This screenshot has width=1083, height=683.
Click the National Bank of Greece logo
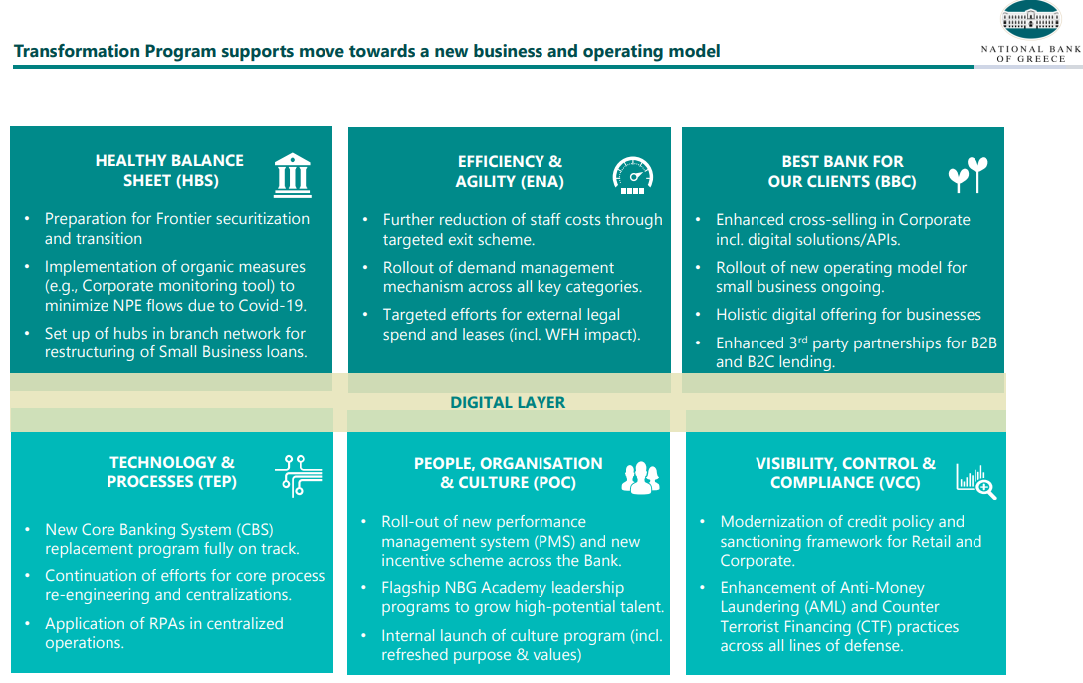1030,32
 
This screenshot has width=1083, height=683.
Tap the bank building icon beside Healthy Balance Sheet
293,175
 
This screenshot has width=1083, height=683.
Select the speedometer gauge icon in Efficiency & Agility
633,175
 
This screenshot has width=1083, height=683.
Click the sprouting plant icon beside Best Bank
968,174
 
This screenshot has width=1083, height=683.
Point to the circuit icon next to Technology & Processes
299,475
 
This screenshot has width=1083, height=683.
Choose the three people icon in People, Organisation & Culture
640,478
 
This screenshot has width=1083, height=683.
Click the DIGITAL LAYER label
508,402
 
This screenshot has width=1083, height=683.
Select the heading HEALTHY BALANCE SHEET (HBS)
169,170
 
